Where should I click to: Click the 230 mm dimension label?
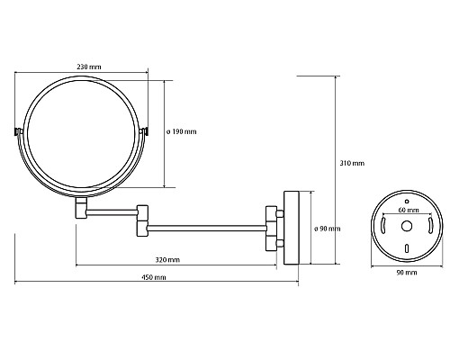click(x=89, y=67)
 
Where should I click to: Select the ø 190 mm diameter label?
click(x=182, y=131)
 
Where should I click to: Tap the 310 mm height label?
click(x=352, y=163)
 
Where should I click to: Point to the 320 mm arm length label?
click(x=167, y=260)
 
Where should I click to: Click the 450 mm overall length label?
click(x=154, y=277)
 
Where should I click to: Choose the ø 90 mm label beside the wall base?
click(x=328, y=229)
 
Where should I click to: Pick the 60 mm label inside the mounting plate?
click(x=409, y=210)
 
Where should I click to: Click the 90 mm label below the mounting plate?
click(x=407, y=273)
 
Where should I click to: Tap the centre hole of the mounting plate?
click(x=407, y=226)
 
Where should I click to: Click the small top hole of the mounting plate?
click(x=407, y=202)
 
